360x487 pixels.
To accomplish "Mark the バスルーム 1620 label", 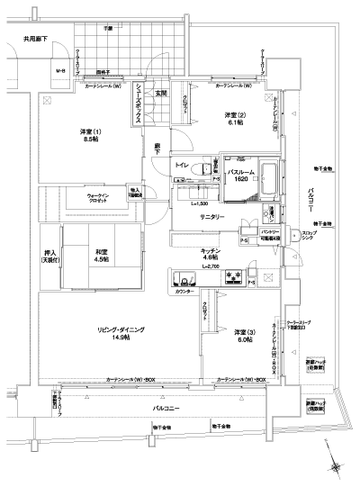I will point(237,176).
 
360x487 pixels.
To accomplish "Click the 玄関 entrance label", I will point(161,93).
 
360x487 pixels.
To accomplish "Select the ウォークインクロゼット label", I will point(104,199).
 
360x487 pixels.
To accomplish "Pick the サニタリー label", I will point(212,217).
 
